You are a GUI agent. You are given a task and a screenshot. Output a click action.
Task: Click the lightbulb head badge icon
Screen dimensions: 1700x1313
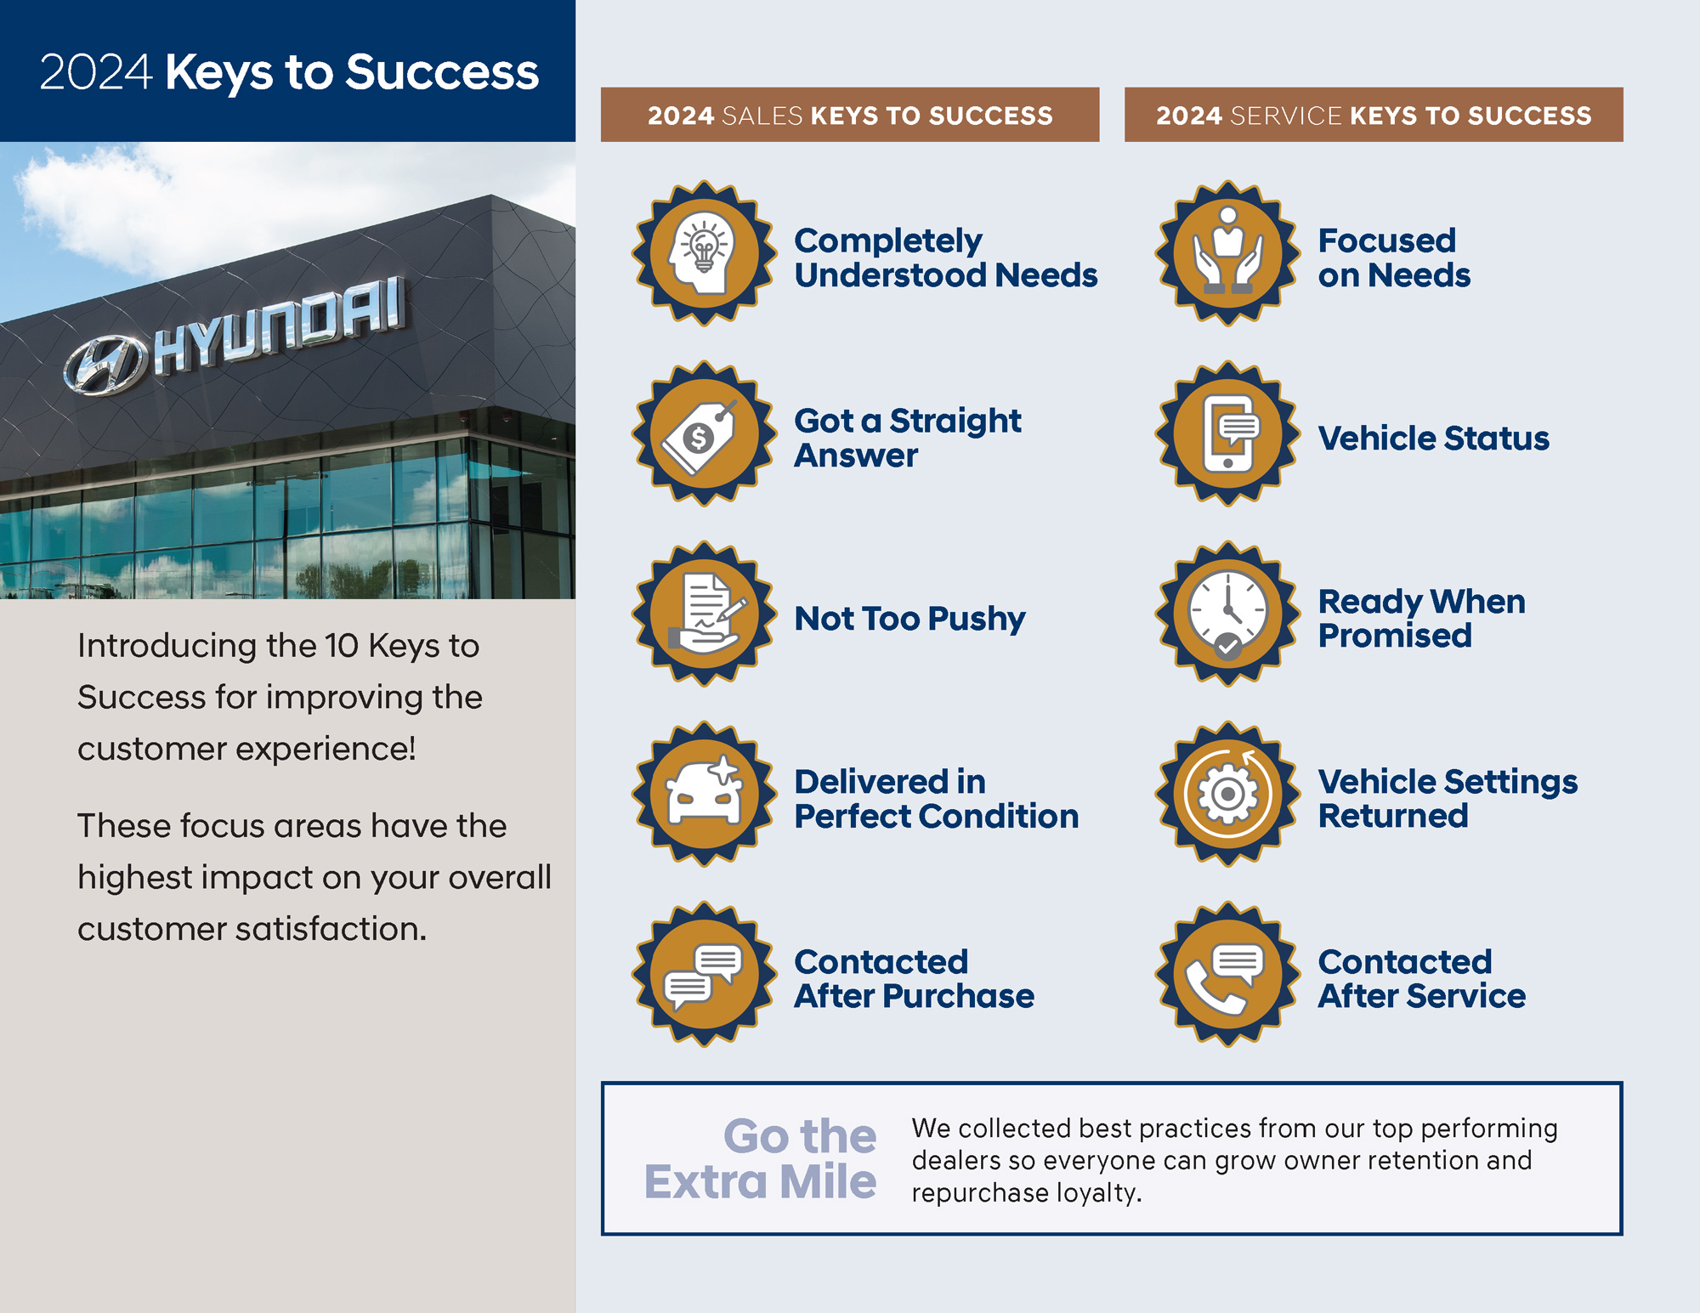(x=705, y=253)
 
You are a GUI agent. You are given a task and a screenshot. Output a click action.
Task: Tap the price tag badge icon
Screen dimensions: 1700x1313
(x=705, y=433)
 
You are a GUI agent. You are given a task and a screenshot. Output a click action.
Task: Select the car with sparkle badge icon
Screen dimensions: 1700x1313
(x=705, y=794)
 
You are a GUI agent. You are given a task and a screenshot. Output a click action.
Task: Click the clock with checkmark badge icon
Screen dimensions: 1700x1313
(x=1228, y=614)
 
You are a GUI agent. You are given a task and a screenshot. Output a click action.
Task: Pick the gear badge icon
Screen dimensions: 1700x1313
(x=1228, y=794)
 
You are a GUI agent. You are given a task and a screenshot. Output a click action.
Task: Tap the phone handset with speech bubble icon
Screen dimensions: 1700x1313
(x=1228, y=974)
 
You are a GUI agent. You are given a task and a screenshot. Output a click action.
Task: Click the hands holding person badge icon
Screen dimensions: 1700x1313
(x=1228, y=253)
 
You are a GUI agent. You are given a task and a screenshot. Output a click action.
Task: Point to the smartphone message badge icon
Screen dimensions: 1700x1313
(x=1228, y=433)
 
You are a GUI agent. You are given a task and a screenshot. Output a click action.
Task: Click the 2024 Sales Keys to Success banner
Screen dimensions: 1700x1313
(x=850, y=115)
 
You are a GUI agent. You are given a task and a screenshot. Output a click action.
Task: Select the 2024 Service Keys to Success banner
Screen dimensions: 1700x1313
(x=1374, y=115)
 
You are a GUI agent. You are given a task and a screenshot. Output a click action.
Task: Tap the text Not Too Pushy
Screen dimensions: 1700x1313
(x=909, y=619)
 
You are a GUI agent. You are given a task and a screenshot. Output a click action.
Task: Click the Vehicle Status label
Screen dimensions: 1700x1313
(x=1434, y=439)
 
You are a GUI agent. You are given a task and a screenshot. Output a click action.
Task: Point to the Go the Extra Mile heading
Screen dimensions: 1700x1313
(x=760, y=1158)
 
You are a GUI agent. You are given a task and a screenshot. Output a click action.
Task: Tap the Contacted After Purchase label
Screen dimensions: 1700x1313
(x=915, y=979)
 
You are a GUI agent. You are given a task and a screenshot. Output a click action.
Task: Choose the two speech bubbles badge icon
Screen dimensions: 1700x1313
(x=705, y=974)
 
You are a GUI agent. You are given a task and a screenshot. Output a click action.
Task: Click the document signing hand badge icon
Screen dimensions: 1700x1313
(x=705, y=614)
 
